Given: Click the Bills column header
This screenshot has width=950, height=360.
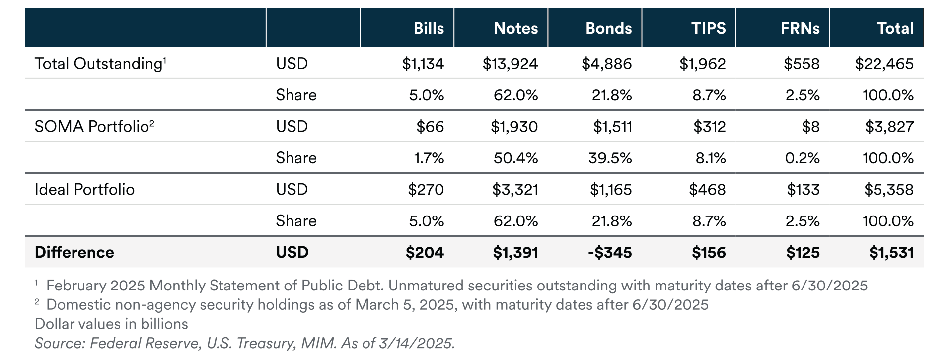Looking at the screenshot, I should (429, 28).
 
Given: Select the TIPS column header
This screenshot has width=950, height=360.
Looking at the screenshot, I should (708, 28).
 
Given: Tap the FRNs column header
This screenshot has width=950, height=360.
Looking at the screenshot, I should (800, 28).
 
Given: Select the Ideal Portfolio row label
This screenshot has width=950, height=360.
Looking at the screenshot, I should (84, 189).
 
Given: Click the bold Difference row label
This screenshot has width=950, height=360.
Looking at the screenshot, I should (74, 252).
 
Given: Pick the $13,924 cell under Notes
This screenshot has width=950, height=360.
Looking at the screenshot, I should (510, 64).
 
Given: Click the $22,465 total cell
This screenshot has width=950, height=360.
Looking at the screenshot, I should (884, 64).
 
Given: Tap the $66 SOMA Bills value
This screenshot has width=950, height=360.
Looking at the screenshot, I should (430, 126).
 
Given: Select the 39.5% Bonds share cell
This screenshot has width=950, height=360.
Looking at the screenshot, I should (610, 158).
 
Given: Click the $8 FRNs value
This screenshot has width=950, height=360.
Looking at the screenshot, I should (810, 126).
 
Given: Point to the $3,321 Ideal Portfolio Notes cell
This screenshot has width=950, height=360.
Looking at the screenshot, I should (515, 189).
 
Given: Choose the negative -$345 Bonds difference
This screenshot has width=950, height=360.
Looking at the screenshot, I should (610, 252).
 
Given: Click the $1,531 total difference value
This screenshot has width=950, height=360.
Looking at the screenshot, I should (891, 252).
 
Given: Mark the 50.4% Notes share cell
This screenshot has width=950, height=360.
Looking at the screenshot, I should (515, 158).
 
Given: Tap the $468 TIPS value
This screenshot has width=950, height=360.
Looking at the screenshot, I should (707, 189).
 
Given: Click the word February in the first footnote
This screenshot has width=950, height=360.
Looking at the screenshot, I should (76, 286).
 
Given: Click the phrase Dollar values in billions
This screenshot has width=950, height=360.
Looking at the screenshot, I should (111, 324).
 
